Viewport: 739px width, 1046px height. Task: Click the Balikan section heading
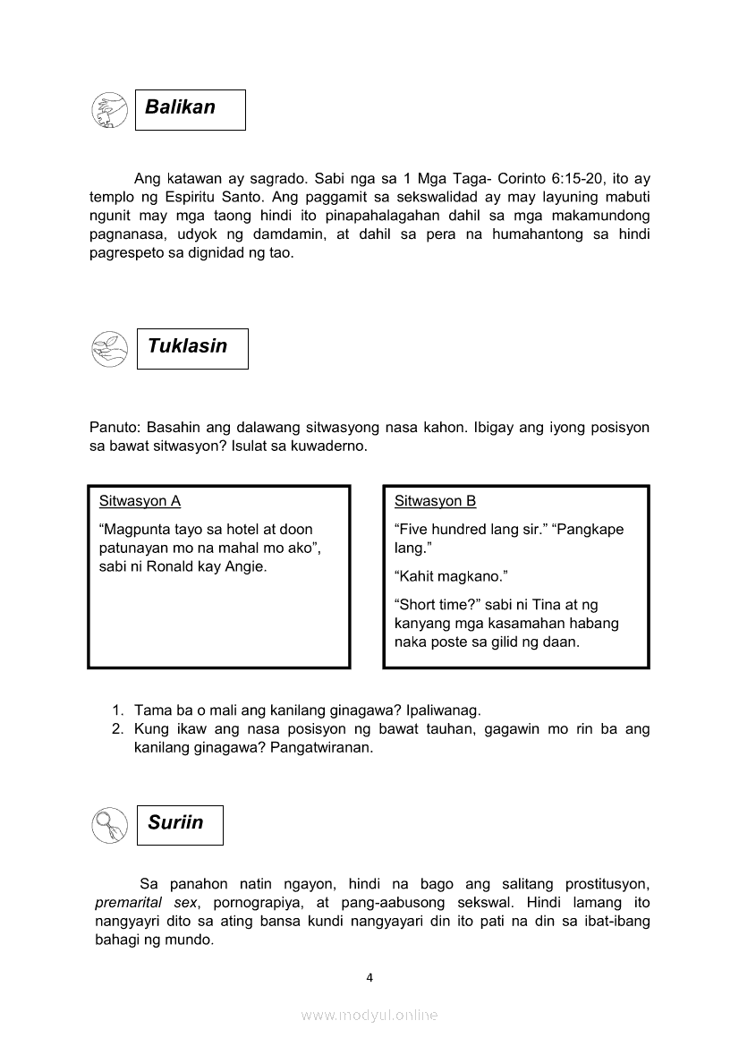coord(181,107)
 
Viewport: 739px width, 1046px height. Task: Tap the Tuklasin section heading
coord(188,346)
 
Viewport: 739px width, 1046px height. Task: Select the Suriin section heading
coord(176,823)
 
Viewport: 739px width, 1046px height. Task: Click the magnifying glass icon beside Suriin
coord(109,824)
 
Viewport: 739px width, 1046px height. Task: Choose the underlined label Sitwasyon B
coord(435,501)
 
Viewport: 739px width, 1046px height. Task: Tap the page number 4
coord(369,977)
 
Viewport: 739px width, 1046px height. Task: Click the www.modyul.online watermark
coord(369,1015)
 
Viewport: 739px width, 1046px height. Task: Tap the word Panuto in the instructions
coord(114,428)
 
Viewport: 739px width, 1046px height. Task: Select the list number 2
coord(117,729)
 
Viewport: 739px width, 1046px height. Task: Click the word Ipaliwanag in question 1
coord(443,710)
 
